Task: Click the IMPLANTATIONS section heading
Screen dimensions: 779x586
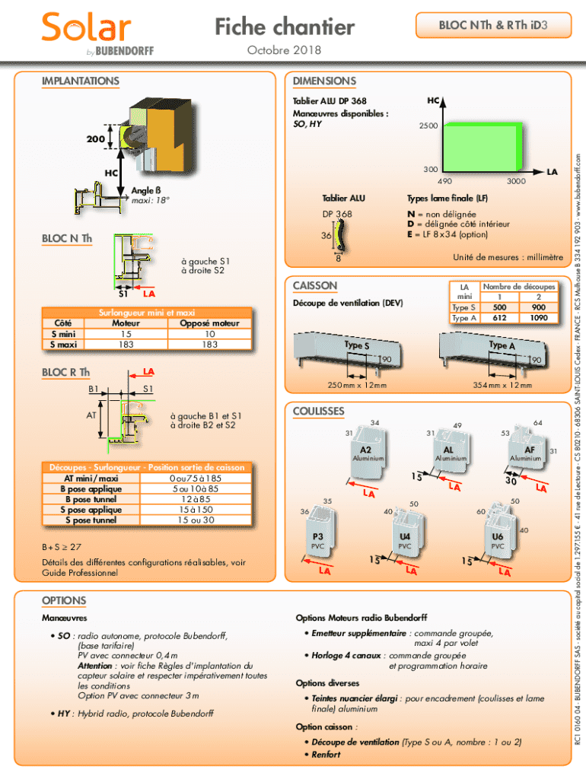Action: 80,81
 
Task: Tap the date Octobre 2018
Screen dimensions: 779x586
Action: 284,50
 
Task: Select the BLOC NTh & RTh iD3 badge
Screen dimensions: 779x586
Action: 492,26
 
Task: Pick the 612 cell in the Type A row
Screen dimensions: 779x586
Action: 500,318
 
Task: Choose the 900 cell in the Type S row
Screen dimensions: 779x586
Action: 539,307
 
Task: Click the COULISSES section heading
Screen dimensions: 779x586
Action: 319,412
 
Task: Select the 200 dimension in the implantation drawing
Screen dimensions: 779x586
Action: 95,139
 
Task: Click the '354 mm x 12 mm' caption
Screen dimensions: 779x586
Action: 502,385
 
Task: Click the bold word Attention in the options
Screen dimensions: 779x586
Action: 95,666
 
